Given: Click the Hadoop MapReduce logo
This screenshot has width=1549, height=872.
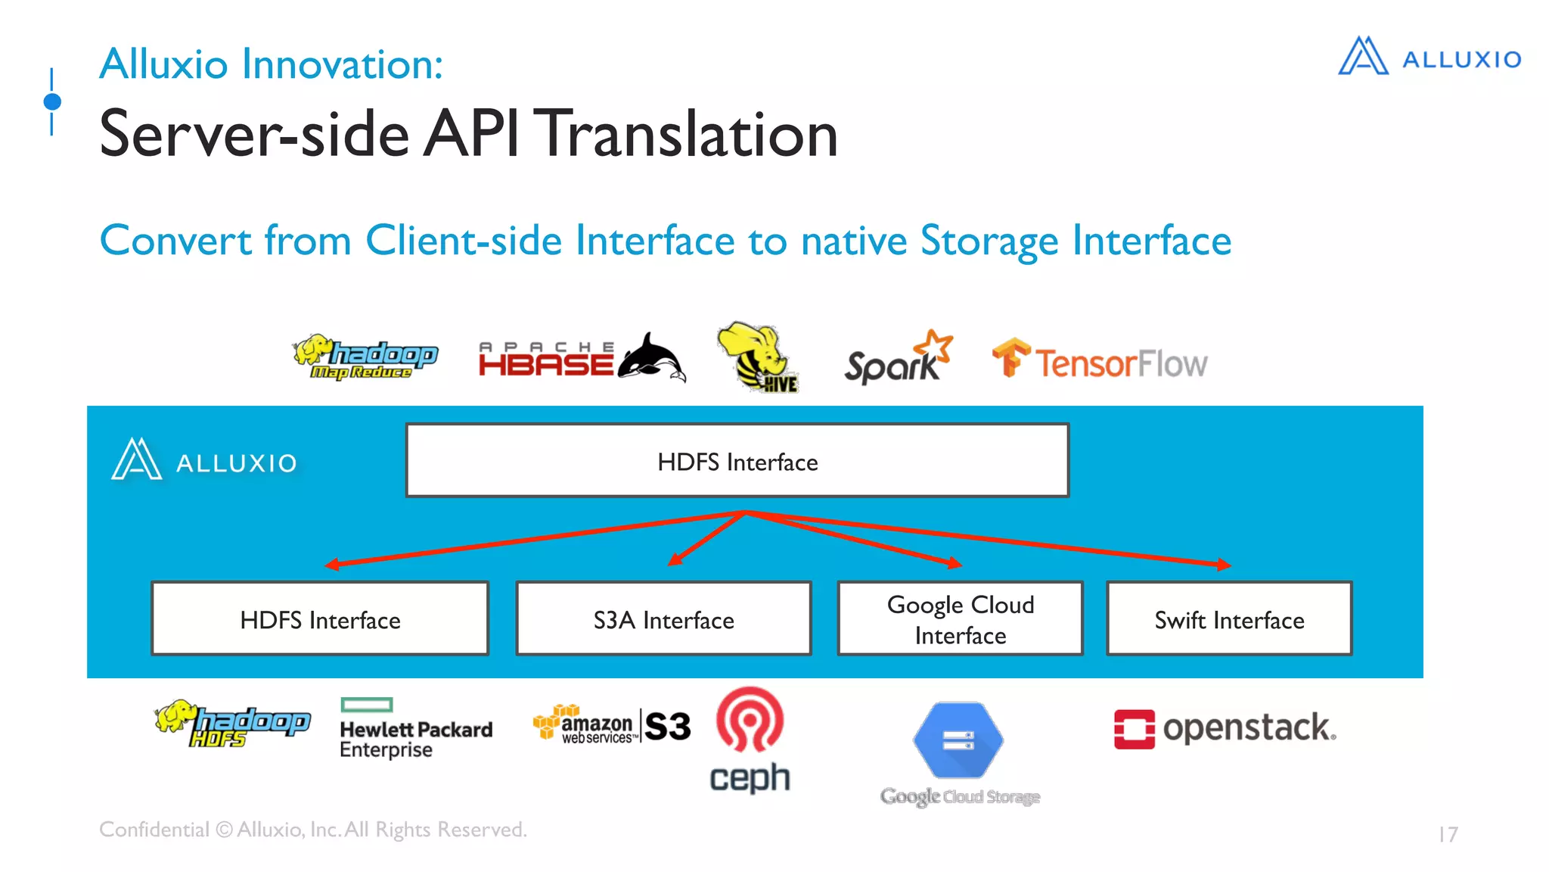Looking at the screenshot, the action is click(x=365, y=357).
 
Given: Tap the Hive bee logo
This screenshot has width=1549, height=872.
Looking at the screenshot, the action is click(x=757, y=357).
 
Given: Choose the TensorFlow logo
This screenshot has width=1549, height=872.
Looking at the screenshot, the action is click(x=1100, y=360).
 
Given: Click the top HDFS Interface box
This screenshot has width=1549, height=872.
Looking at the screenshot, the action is click(x=737, y=460).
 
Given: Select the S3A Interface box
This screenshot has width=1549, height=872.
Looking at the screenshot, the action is click(x=663, y=618).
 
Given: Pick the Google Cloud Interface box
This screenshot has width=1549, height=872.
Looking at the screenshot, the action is click(x=960, y=618).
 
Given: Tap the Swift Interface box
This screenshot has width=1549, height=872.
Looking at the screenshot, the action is click(x=1229, y=618).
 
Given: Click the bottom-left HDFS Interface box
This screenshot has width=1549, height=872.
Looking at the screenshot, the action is click(x=320, y=618).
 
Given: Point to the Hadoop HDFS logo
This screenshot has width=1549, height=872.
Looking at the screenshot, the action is click(x=232, y=724).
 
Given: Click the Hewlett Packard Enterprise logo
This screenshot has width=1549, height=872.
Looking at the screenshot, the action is click(x=415, y=728).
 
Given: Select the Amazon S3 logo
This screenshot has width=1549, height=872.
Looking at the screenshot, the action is click(x=612, y=725).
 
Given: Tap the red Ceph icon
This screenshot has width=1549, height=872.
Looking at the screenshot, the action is click(x=750, y=720).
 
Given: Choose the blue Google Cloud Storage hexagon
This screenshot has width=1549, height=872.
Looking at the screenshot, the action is click(x=958, y=740).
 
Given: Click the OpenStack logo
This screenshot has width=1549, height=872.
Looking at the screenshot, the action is click(x=1225, y=728).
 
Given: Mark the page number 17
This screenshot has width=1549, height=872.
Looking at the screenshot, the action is click(x=1448, y=834).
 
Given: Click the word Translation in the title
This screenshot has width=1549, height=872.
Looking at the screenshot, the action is click(x=689, y=134).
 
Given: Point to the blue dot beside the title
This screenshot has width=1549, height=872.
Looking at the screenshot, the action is click(x=52, y=101).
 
